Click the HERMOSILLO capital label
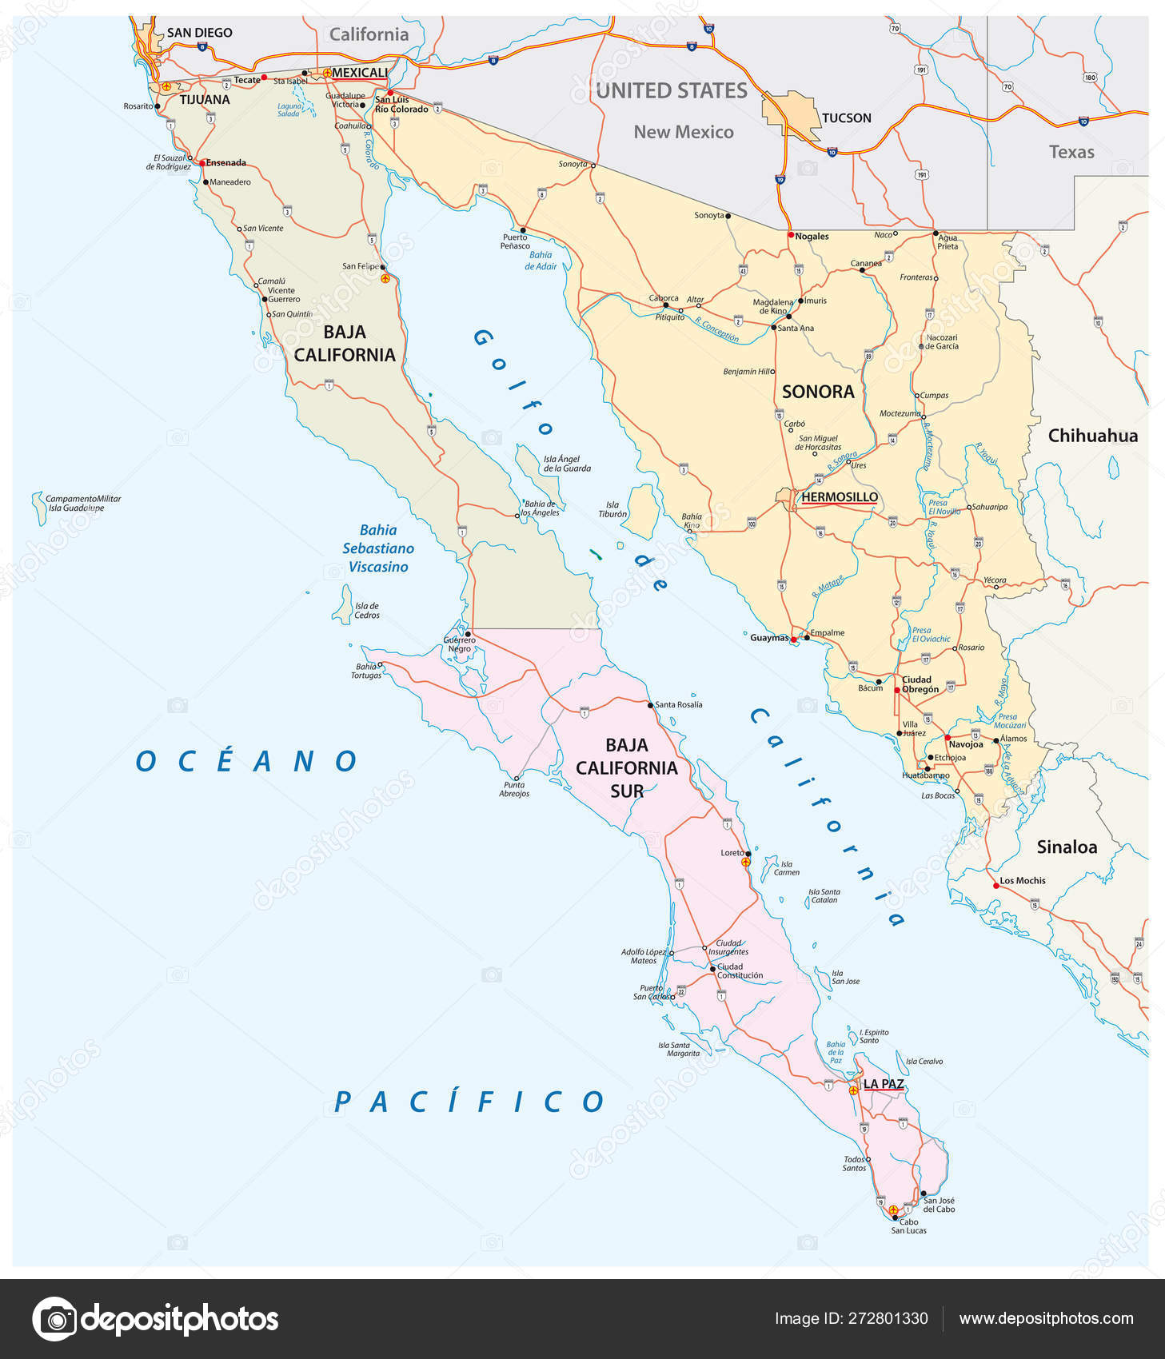pos(839,497)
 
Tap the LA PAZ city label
pos(883,1084)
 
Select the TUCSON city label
pos(846,118)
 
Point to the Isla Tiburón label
pos(612,509)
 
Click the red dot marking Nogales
pos(791,235)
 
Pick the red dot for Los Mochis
pos(995,885)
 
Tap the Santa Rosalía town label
pos(678,704)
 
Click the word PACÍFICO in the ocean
pos(470,1102)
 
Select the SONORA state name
pos(818,392)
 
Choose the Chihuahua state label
pos(1092,436)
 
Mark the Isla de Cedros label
pos(367,611)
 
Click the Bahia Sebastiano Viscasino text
pos(378,548)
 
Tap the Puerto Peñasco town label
pos(515,241)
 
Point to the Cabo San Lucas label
pos(908,1225)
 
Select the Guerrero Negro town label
pos(459,644)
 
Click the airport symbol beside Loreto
pos(746,863)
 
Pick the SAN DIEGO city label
pos(199,33)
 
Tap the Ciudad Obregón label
pos(920,684)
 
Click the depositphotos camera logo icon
pos(54,1319)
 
